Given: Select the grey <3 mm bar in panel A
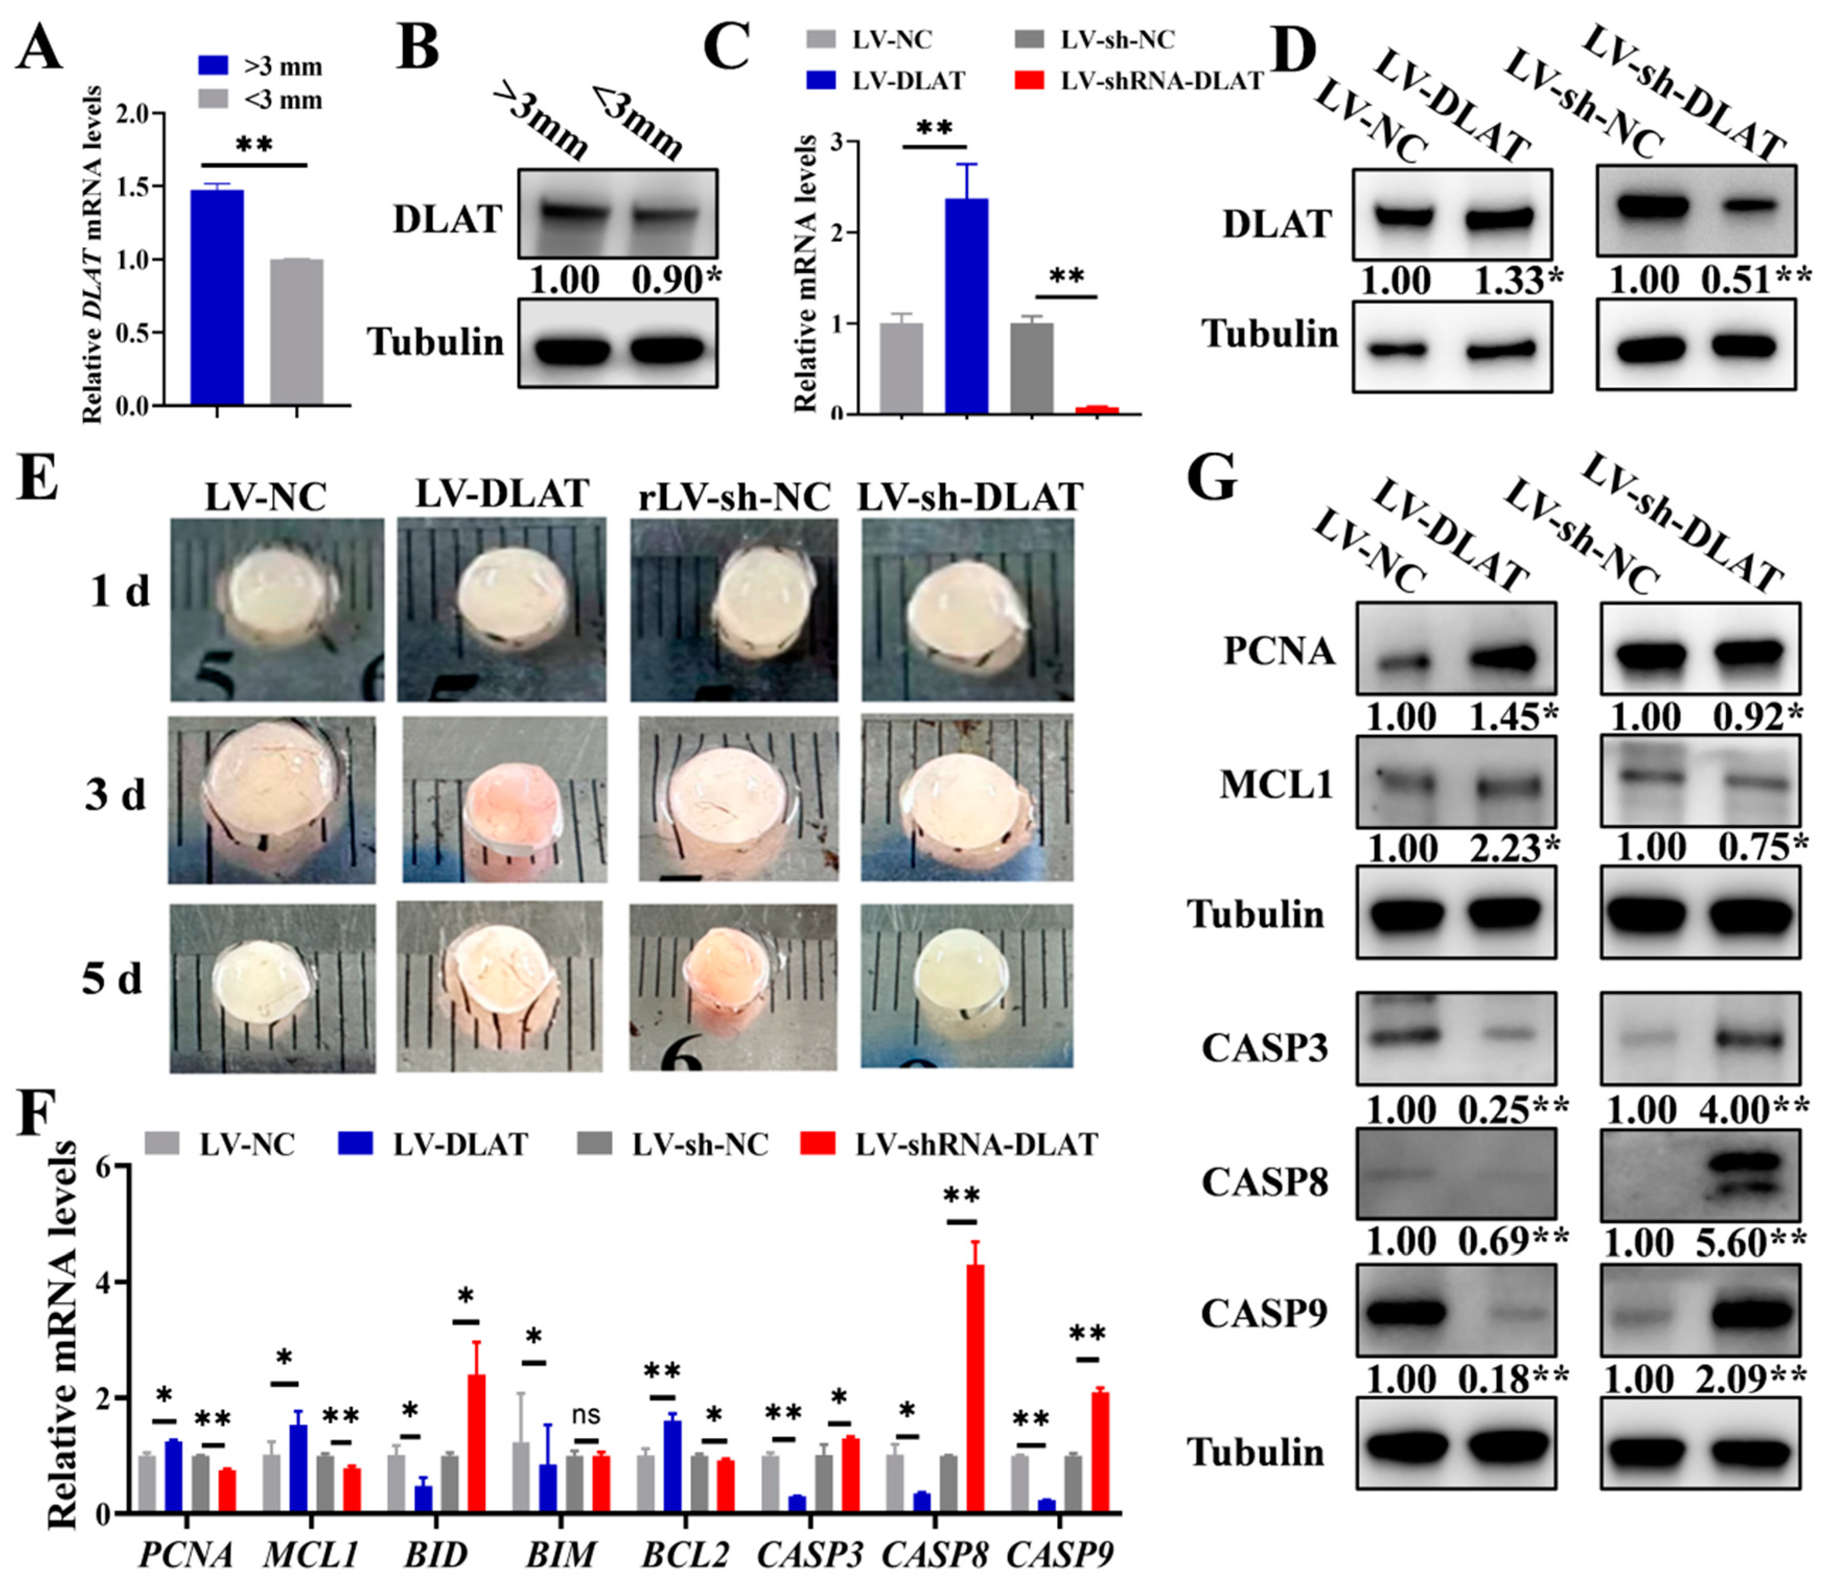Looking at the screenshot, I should tap(296, 332).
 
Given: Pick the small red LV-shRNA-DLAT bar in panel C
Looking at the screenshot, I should tap(1097, 410).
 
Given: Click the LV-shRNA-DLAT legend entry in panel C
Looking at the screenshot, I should tap(1160, 82).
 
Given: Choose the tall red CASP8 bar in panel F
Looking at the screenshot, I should tap(974, 1388).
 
